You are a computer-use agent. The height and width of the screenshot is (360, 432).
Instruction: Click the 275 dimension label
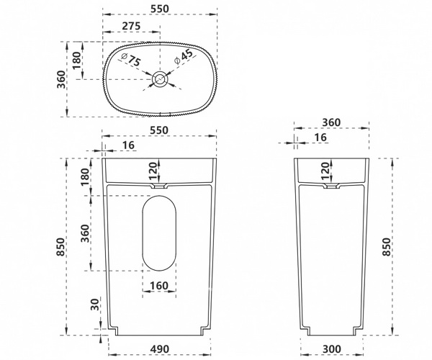click(131, 26)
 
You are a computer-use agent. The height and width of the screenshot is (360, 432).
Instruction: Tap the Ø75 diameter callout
click(131, 60)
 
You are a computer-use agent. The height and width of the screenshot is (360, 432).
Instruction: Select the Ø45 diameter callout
click(184, 57)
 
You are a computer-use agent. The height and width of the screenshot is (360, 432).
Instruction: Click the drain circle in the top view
click(159, 79)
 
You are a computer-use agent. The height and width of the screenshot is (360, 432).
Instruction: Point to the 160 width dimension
click(159, 285)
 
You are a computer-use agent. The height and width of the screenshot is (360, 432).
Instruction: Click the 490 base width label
click(160, 349)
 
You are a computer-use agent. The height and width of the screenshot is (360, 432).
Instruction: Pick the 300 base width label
click(331, 349)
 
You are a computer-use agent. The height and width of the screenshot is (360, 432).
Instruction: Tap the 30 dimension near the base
click(95, 305)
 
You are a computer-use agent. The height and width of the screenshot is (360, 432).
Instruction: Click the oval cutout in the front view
click(159, 233)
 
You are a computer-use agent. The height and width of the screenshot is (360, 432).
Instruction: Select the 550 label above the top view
click(160, 9)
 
